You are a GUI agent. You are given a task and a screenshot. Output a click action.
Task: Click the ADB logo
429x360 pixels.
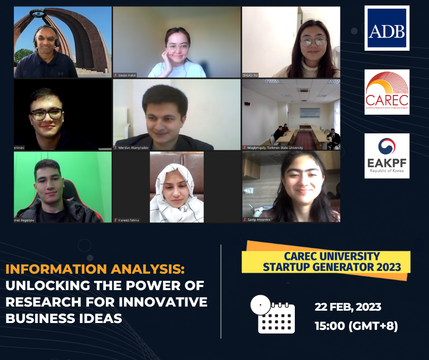point(387,28)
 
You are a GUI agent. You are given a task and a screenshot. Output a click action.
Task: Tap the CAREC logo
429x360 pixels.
point(387,92)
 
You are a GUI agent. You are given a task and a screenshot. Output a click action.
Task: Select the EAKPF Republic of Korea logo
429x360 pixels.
point(387,156)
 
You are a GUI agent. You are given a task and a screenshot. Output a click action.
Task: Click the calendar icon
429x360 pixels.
point(273,314)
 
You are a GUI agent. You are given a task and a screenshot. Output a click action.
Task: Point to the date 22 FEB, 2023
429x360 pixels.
point(348,307)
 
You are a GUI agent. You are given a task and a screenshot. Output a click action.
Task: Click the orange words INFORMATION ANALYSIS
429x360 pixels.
point(95,269)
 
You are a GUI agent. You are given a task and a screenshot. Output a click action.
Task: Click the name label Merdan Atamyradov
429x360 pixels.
point(134,148)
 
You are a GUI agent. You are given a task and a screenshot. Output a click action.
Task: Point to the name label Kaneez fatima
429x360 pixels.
point(129,220)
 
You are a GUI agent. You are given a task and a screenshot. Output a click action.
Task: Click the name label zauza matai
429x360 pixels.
point(127,75)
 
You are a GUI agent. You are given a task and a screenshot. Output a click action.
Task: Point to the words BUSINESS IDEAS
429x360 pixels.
point(64,318)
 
